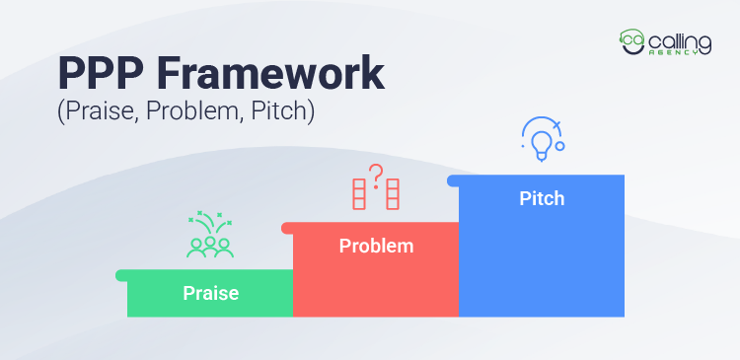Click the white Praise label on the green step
tap(210, 293)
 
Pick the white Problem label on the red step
tap(376, 246)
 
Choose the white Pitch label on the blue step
tap(542, 198)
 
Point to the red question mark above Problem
tap(376, 175)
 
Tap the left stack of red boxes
tap(359, 194)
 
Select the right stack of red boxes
tap(393, 194)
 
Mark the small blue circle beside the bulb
tap(559, 146)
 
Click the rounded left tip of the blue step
tap(453, 180)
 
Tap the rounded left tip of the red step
tap(287, 228)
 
